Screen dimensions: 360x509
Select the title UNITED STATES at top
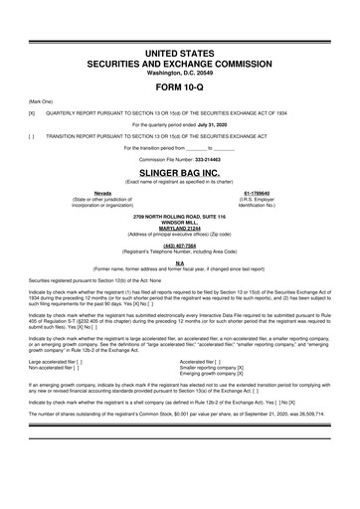179,50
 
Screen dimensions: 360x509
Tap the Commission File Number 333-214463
215,159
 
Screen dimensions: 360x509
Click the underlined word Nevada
101,192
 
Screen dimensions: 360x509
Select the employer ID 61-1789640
257,192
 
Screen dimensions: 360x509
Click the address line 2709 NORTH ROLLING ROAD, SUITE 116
179,215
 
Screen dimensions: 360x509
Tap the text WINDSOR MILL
179,221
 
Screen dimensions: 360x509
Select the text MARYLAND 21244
179,228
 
